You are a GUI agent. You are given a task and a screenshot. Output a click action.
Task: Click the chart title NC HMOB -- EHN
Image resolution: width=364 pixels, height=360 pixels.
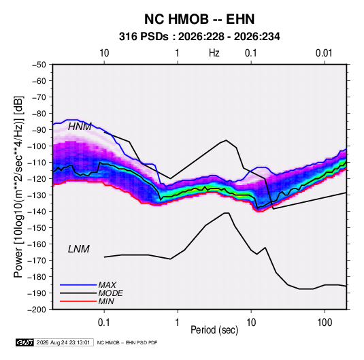click(x=199, y=19)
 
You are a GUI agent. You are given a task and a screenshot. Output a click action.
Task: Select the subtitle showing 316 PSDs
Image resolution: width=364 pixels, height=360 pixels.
click(x=199, y=37)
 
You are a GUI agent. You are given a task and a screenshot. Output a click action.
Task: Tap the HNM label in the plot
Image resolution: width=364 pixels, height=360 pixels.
click(x=80, y=127)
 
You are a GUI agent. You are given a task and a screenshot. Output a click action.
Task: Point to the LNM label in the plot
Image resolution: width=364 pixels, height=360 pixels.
click(x=79, y=249)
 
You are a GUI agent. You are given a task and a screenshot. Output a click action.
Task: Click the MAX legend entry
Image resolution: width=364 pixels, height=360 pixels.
click(x=107, y=284)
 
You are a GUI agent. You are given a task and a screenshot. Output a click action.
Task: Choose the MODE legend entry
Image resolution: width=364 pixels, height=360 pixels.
click(x=110, y=293)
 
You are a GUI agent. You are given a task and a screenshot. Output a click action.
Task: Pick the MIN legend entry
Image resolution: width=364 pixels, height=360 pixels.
click(x=106, y=301)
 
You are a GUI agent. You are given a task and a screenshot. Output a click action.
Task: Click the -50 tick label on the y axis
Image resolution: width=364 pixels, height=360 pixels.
click(x=39, y=65)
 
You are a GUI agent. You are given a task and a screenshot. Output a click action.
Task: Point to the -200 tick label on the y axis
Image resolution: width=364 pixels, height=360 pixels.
click(x=37, y=310)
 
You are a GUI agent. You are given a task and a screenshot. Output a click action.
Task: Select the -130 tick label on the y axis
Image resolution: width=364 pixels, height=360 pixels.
click(x=37, y=195)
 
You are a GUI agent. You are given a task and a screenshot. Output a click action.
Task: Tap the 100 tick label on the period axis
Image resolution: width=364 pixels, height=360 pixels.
click(x=325, y=323)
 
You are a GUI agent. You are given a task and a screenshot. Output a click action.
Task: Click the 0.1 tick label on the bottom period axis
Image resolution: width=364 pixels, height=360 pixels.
click(x=104, y=323)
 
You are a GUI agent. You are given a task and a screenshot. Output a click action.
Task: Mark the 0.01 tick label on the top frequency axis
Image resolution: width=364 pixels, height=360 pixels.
click(x=324, y=53)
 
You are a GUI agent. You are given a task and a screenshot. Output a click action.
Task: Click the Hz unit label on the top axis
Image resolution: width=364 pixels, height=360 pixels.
click(x=214, y=53)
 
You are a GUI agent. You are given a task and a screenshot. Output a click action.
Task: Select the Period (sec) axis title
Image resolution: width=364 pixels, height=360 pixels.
click(x=214, y=330)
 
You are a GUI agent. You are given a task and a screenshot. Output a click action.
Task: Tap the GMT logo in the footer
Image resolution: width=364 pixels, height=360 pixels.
click(x=25, y=342)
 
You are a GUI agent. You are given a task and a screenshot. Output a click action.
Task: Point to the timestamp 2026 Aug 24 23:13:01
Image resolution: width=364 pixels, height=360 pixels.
click(x=63, y=342)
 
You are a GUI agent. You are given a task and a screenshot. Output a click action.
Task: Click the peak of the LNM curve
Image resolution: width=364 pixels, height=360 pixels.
click(x=227, y=213)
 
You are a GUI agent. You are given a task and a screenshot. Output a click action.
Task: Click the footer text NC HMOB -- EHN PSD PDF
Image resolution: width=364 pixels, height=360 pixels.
click(x=127, y=342)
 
